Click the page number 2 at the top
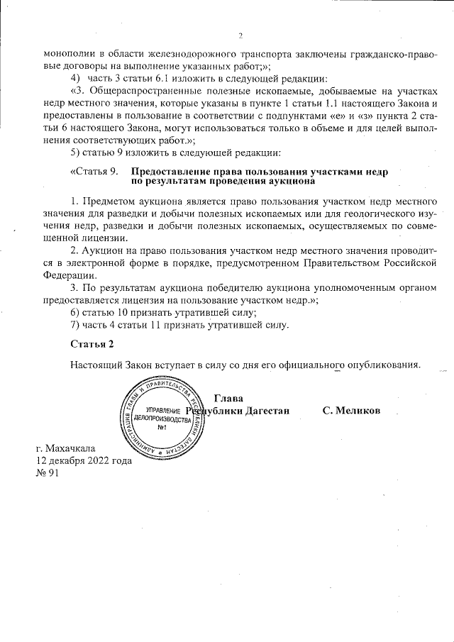240,35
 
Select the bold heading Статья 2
92,344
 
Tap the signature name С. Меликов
351,411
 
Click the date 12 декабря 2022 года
84,460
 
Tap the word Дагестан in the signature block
267,411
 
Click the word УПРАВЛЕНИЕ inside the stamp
162,411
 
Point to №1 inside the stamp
162,427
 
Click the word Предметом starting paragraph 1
110,202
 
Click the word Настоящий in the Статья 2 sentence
97,365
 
